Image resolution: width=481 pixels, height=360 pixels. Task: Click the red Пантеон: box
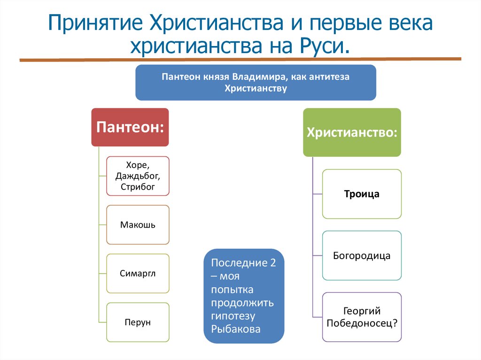[x=130, y=127]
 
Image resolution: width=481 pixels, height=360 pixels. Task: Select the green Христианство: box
[x=352, y=132]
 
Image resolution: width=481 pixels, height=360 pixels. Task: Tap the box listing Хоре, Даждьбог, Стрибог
[x=138, y=176]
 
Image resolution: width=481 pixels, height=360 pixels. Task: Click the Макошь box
[x=138, y=225]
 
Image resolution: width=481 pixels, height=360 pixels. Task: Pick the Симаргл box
[x=138, y=273]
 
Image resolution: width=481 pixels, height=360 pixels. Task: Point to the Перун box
[x=138, y=322]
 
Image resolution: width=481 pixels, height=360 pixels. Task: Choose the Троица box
[x=362, y=194]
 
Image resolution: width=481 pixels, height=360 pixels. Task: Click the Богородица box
[x=362, y=256]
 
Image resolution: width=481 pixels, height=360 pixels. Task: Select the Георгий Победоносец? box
[x=362, y=317]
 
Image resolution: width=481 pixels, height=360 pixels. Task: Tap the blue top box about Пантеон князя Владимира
[x=256, y=83]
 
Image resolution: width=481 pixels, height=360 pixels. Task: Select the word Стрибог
[x=138, y=187]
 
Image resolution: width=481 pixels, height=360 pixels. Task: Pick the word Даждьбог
[x=138, y=176]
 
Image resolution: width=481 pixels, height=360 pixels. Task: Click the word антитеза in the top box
[x=328, y=77]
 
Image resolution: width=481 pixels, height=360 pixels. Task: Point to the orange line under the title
[x=240, y=60]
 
